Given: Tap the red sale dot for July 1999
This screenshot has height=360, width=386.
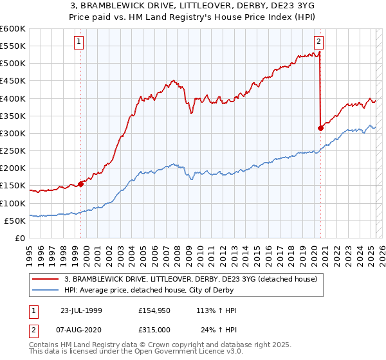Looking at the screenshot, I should point(81,184).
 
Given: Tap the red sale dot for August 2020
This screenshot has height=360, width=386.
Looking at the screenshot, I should point(320,128).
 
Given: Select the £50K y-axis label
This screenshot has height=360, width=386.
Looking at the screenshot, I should point(15,221).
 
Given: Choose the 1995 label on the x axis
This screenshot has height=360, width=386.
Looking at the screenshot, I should point(30,253).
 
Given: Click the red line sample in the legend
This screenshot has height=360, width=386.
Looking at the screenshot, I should point(46,280).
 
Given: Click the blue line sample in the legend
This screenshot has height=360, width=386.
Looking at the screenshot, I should point(46,290).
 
